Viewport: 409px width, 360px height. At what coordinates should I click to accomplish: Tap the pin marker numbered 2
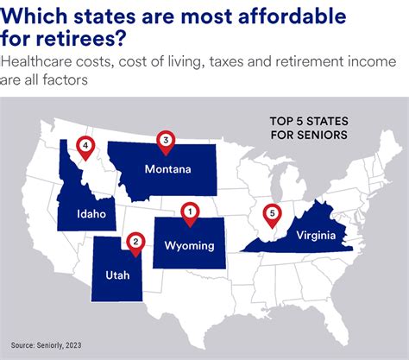pos(134,242)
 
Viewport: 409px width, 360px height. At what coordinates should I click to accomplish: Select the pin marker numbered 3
pos(166,139)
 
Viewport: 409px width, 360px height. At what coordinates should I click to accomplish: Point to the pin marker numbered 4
pos(85,146)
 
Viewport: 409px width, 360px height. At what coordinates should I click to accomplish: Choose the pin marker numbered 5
pos(272,213)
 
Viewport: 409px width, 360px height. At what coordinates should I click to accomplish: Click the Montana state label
pos(168,169)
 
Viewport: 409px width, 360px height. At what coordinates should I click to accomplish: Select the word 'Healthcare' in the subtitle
pos(43,62)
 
